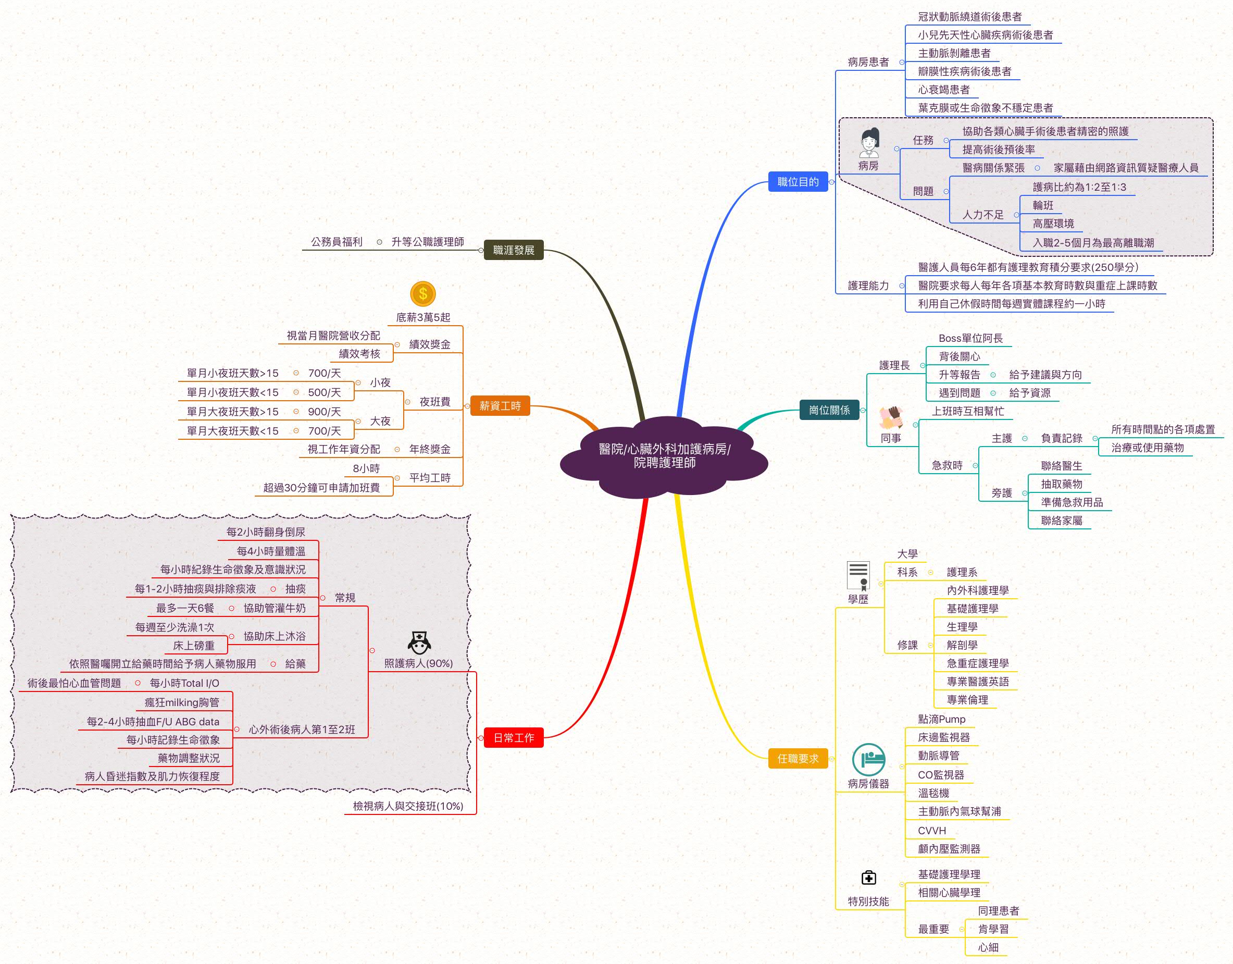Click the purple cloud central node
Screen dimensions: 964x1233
tap(664, 456)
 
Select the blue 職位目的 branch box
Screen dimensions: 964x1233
tap(797, 182)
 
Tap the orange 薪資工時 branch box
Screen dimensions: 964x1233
tap(500, 405)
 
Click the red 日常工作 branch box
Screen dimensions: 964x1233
tap(513, 737)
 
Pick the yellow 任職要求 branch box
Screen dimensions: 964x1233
tap(797, 759)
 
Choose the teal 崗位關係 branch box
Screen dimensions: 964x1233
tap(829, 410)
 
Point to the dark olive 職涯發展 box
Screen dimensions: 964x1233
tap(513, 250)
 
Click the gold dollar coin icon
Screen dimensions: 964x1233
tap(423, 294)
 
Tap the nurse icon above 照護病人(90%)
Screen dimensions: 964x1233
tap(419, 642)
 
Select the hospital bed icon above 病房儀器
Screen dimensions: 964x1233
tap(868, 760)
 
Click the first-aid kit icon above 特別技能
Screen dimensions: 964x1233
tap(868, 878)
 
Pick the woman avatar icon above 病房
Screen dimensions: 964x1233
tap(869, 142)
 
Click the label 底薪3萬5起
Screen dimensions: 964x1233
tap(423, 317)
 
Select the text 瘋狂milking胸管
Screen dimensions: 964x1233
tap(182, 702)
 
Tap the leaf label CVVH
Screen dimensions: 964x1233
tap(931, 831)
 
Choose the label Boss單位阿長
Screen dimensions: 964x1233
tap(970, 338)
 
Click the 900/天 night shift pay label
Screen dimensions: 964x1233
tap(324, 412)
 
